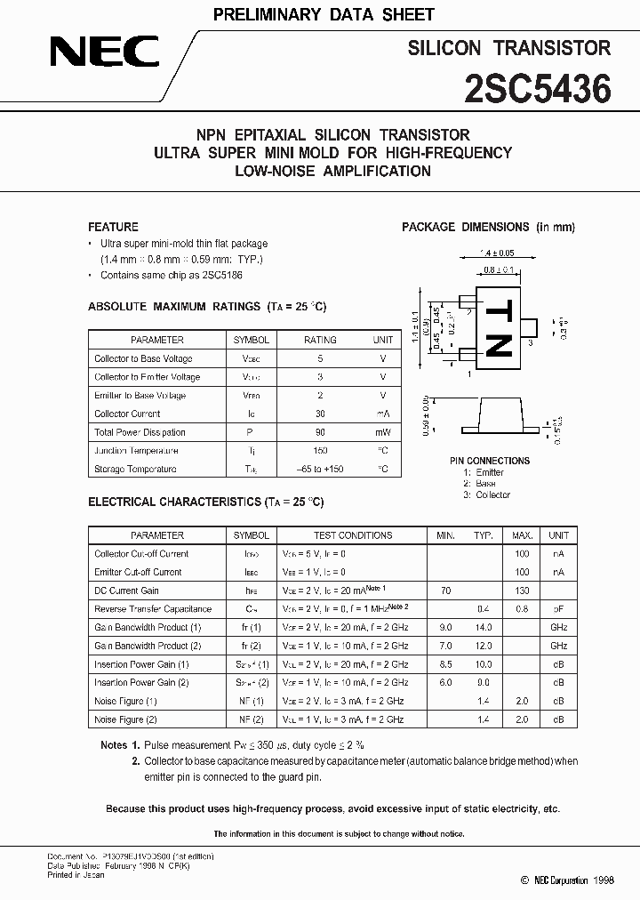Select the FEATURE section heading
[x=113, y=227]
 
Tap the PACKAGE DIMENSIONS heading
[x=488, y=227]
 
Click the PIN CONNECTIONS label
[x=489, y=461]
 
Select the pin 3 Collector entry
[x=486, y=494]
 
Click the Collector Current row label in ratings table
[x=127, y=414]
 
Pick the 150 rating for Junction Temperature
[x=320, y=451]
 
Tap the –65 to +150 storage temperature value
[x=320, y=469]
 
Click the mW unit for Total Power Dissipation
[x=382, y=432]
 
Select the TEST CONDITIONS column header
[x=353, y=535]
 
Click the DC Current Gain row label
[x=126, y=591]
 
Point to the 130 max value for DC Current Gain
[x=522, y=591]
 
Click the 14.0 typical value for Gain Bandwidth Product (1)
[x=484, y=628]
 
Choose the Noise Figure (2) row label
[x=125, y=719]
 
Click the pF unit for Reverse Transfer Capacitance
[x=558, y=609]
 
